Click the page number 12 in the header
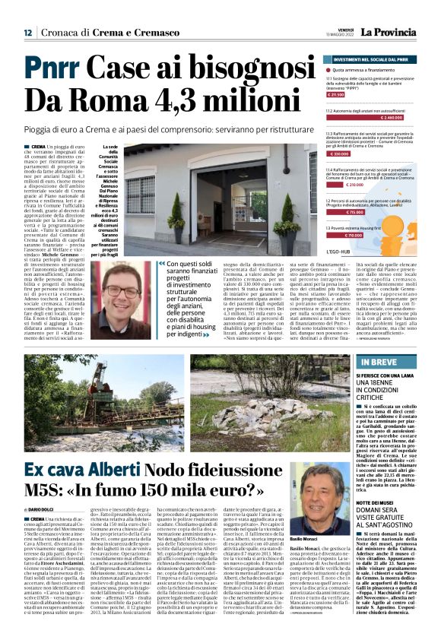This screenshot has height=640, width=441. pos(27,33)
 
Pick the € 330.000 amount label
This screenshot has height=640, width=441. pos(338,154)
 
